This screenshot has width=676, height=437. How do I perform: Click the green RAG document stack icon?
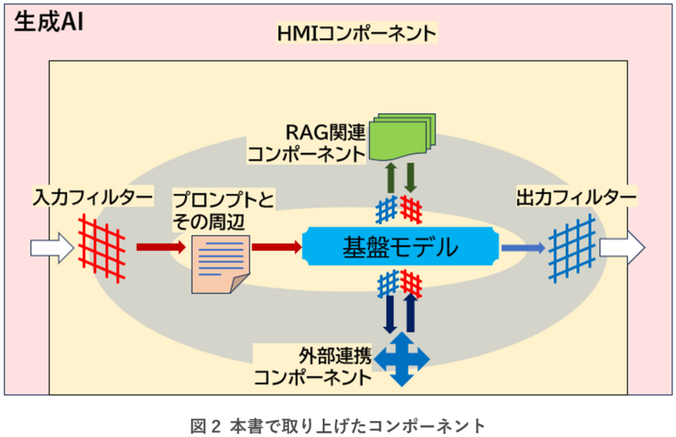(x=403, y=136)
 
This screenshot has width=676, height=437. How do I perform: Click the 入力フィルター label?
(x=93, y=197)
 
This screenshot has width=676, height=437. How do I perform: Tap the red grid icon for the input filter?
(x=101, y=247)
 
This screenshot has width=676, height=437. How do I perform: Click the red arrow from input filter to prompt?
(x=159, y=247)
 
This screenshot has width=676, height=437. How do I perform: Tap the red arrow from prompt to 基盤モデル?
(x=275, y=247)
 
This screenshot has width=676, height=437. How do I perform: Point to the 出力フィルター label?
(x=575, y=197)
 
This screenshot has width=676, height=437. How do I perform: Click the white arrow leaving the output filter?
(x=622, y=248)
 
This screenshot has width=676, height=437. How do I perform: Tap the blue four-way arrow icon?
(x=402, y=358)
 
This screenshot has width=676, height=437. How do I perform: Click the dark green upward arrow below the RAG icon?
(x=393, y=178)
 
